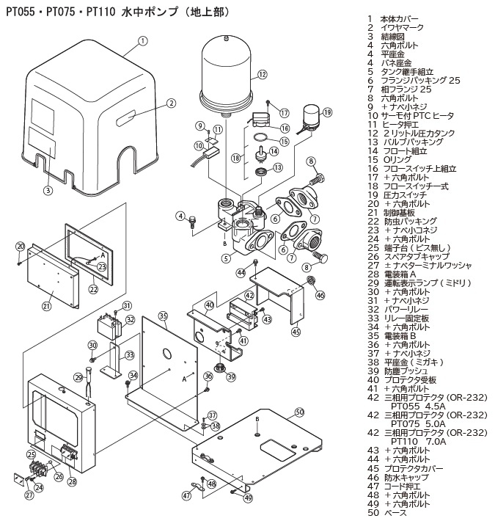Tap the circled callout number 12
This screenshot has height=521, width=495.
(x=261, y=74)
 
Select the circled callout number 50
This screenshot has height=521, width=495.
(x=299, y=412)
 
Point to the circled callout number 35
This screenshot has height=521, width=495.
(x=163, y=316)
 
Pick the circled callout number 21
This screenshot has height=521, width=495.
(x=46, y=306)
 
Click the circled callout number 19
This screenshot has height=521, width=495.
(x=327, y=112)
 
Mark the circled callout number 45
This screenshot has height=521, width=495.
(x=296, y=332)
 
